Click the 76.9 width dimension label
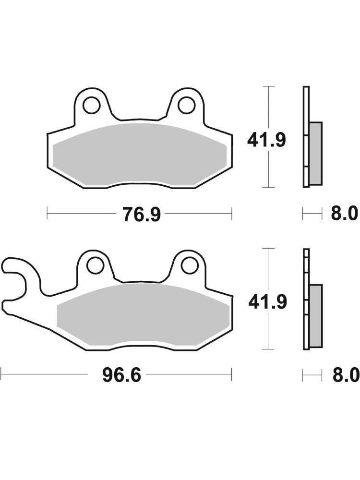click(x=142, y=214)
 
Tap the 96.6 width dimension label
click(x=121, y=375)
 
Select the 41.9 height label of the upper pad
click(x=266, y=141)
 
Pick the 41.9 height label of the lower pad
click(x=267, y=301)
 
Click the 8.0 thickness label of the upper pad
click(x=344, y=213)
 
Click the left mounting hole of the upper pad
click(x=91, y=105)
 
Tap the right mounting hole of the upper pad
click(x=187, y=105)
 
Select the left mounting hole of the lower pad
click(x=96, y=265)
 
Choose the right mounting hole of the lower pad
click(x=190, y=265)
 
